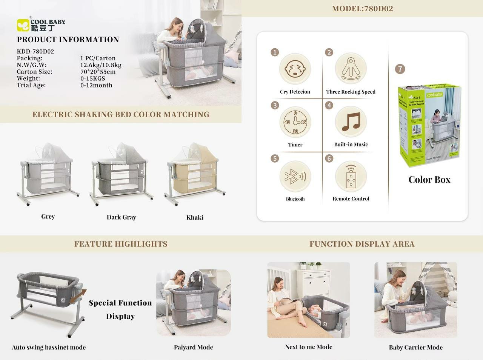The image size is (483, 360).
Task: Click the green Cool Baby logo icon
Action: click(23, 25)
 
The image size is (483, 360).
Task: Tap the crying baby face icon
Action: click(295, 69)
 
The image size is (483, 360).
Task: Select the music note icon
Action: click(351, 122)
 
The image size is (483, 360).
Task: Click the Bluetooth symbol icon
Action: click(295, 176)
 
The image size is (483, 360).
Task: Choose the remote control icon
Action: click(351, 176)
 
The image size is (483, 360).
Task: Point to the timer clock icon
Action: click(295, 122)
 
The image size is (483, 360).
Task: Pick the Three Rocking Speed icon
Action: click(351, 69)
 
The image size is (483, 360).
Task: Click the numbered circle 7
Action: click(400, 69)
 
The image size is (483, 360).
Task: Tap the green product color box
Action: click(429, 125)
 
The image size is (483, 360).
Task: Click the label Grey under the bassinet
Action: click(48, 216)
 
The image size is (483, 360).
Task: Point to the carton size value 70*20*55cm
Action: click(98, 72)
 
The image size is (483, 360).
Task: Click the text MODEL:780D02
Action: click(362, 9)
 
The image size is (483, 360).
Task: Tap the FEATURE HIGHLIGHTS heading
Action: click(121, 244)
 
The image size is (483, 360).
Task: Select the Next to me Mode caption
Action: click(309, 347)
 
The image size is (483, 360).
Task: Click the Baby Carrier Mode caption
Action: click(416, 347)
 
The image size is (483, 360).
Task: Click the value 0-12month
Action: click(96, 85)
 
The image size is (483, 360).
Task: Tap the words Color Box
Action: click(429, 180)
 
